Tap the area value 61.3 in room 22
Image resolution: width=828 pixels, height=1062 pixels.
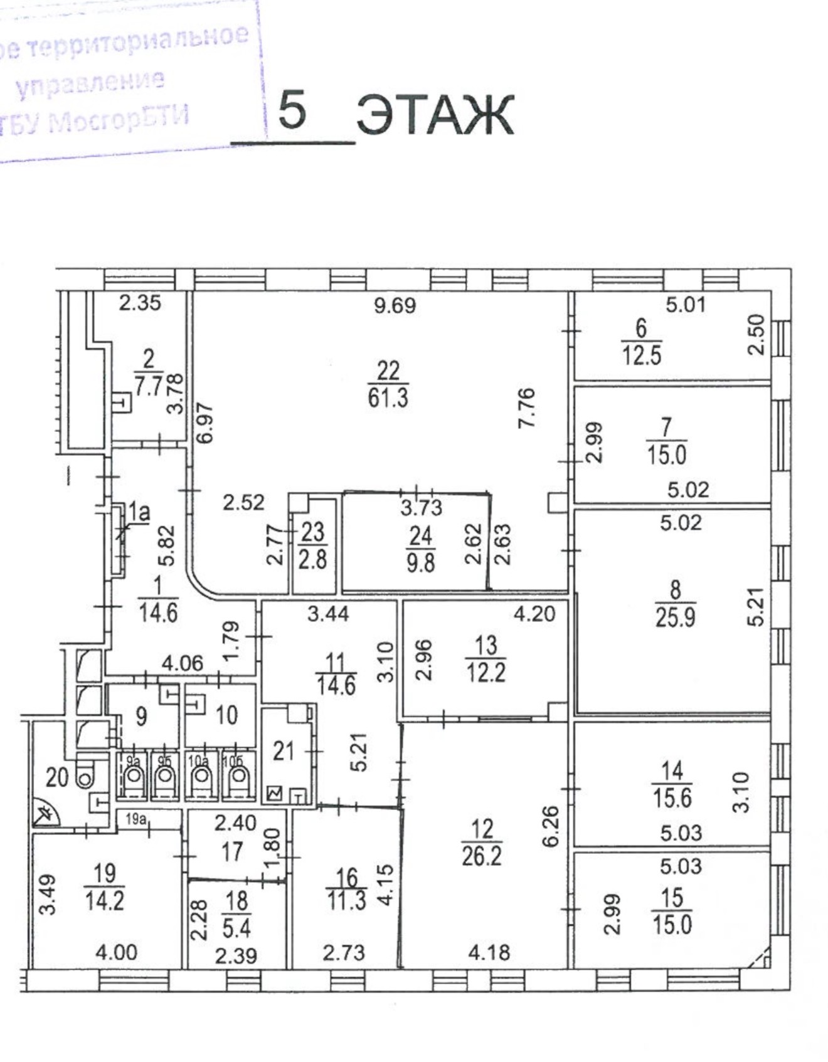coord(388,397)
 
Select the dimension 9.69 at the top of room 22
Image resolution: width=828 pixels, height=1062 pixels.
coord(395,305)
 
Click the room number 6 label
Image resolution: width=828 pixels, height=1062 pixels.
coord(641,328)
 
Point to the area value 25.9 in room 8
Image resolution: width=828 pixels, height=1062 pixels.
coord(675,618)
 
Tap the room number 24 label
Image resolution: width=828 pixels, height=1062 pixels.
coord(420,536)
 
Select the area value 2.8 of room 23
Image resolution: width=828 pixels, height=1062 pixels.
coord(312,560)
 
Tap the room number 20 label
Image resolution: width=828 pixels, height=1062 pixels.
coord(57,777)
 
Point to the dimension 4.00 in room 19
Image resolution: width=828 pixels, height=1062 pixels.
coord(116,953)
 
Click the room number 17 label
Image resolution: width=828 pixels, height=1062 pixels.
coord(232,851)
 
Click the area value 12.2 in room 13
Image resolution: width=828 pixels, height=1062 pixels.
coord(486,672)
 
